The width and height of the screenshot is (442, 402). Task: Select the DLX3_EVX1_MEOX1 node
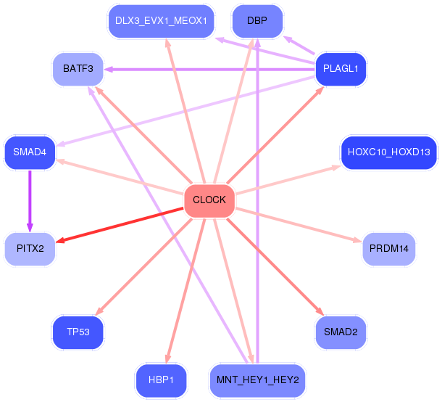(161, 21)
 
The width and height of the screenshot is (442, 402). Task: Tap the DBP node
(257, 21)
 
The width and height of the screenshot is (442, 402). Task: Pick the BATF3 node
(78, 69)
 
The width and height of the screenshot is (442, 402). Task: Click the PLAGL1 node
(341, 69)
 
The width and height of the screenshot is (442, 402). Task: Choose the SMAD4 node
(30, 152)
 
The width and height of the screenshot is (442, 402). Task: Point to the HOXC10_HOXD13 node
(389, 152)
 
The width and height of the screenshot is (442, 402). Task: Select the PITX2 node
(30, 249)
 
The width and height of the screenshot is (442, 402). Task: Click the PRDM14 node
(389, 249)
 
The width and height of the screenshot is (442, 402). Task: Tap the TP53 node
(78, 332)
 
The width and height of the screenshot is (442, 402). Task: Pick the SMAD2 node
(341, 332)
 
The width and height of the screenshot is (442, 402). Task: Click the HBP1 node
(161, 380)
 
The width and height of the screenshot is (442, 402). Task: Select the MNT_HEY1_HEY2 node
(257, 380)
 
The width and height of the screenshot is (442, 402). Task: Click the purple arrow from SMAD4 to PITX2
(30, 201)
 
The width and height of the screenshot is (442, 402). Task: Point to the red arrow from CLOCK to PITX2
(120, 225)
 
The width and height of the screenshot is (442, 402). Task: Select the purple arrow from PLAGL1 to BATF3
(209, 69)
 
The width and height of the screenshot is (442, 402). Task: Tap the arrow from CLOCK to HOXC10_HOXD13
(288, 180)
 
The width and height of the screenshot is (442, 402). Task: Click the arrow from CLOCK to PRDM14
(299, 225)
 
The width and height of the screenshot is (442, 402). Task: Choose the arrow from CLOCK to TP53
(143, 267)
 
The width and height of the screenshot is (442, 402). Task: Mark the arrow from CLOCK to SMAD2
(275, 267)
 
